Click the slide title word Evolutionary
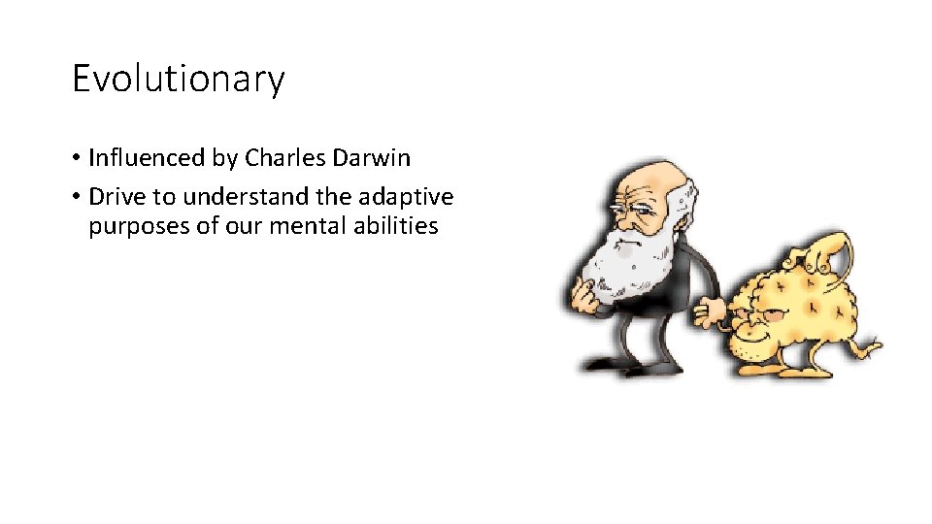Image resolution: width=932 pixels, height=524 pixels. [x=179, y=79]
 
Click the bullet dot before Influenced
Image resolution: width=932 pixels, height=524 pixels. [x=76, y=158]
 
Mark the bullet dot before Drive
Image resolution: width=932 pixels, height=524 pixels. [x=76, y=198]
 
